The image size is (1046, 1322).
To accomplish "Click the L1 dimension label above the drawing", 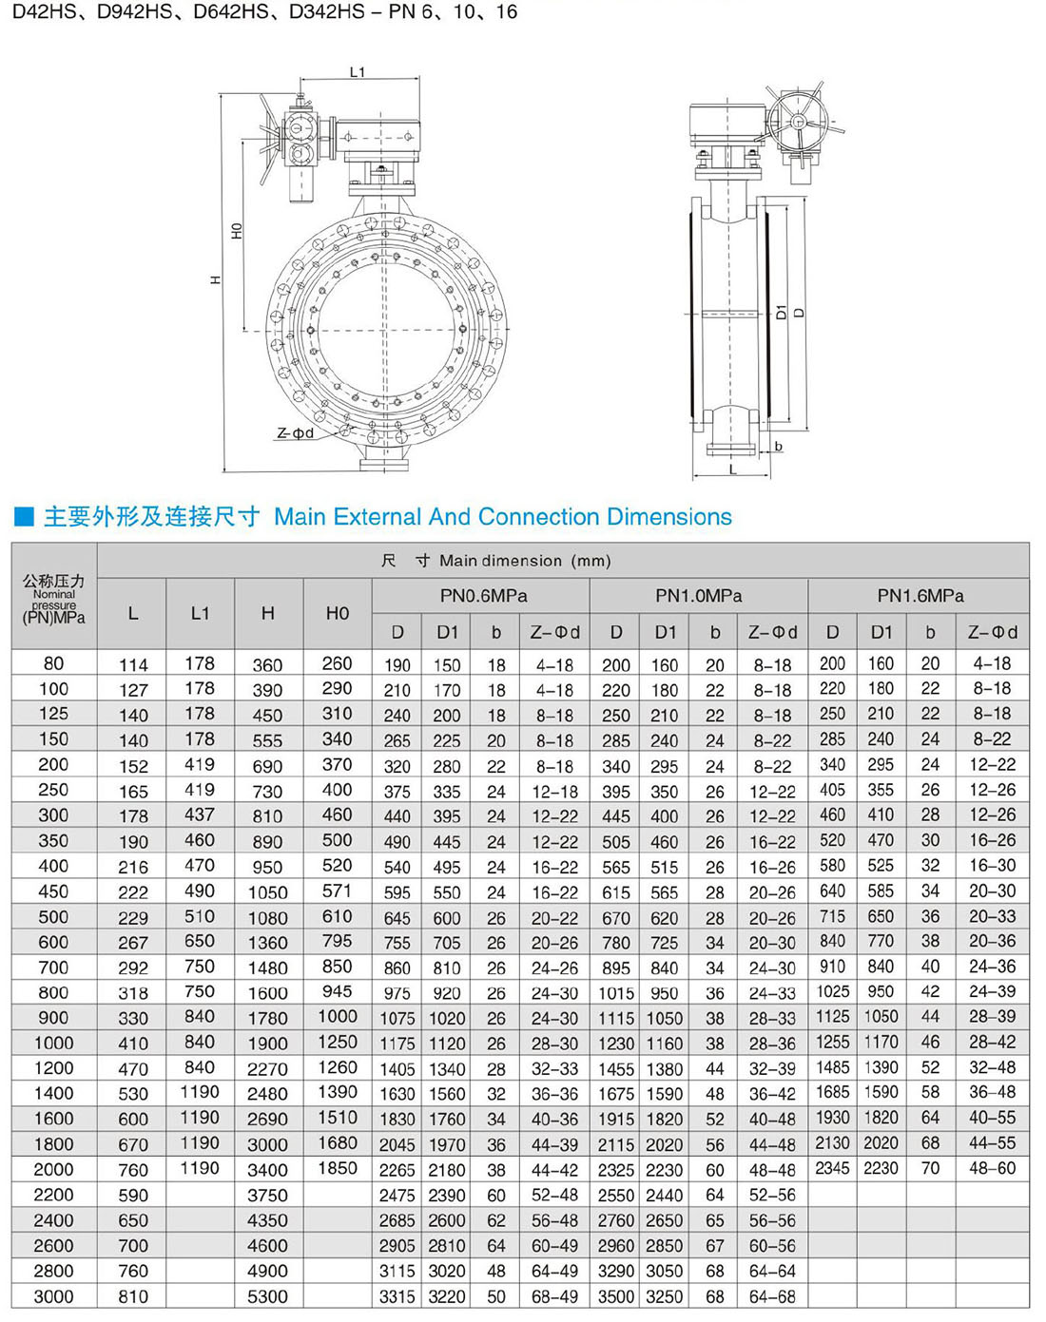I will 358,72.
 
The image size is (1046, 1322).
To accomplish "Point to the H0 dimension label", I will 237,231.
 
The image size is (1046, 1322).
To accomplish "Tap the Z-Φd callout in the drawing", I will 295,433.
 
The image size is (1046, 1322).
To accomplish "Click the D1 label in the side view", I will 782,312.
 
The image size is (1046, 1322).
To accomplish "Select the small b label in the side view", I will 779,446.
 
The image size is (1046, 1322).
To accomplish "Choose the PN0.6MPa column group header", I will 483,596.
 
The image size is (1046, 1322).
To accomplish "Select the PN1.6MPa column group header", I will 920,596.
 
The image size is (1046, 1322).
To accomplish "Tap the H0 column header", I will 338,613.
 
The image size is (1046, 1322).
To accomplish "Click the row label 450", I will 53,891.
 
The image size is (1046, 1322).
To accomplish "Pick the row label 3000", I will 53,1296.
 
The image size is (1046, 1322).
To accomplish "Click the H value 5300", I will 267,1296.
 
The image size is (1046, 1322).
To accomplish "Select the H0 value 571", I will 337,891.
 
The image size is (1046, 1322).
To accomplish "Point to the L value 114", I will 133,664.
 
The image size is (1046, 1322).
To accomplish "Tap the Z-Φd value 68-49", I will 554,1296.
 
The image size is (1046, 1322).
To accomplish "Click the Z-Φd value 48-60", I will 992,1169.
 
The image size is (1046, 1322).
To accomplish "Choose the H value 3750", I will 267,1196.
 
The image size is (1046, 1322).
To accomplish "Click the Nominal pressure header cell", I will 54,600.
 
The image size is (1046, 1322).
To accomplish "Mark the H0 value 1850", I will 337,1169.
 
